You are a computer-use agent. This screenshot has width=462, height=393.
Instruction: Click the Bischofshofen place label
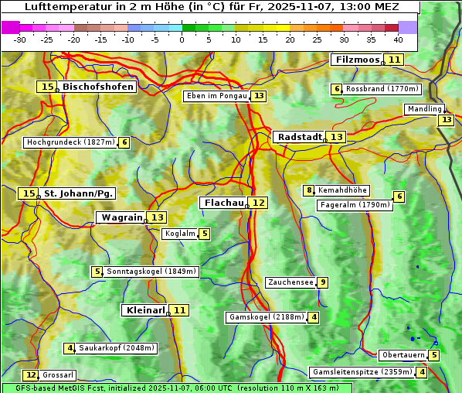tap(97, 87)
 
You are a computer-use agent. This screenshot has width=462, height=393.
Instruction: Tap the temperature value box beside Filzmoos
tap(395, 60)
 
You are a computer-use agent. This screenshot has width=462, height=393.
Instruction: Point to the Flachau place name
tap(223, 203)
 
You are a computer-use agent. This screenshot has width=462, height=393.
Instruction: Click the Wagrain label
tap(121, 217)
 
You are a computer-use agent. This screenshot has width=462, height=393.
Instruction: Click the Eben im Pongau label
tap(216, 96)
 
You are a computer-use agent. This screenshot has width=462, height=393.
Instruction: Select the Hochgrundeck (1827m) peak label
tap(70, 142)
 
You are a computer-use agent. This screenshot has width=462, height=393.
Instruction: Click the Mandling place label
tap(424, 110)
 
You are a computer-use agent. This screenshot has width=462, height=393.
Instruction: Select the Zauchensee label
tap(290, 282)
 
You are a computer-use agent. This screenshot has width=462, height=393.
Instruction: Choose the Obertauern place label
tap(403, 355)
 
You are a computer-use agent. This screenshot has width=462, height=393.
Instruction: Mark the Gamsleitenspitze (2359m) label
tap(361, 372)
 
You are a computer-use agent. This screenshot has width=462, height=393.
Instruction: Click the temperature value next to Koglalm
tap(204, 234)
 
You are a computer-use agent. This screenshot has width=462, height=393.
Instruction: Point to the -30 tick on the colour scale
tap(20, 39)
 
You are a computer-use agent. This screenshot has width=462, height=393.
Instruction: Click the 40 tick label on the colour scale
tap(398, 39)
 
